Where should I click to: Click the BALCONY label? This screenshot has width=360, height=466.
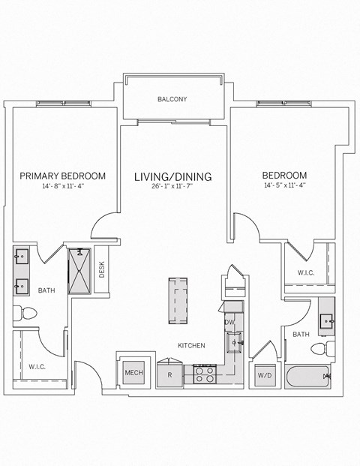click(172, 99)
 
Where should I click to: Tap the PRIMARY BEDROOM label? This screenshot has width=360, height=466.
click(62, 176)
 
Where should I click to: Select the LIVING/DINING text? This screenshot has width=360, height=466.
click(172, 177)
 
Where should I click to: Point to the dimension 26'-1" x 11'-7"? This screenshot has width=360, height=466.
click(172, 188)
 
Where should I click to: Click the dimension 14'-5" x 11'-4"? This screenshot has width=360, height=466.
click(284, 185)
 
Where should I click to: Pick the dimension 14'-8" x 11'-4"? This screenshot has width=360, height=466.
click(62, 187)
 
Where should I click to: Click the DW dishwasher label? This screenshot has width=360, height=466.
click(229, 322)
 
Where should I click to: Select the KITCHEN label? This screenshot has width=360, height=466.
click(191, 345)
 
